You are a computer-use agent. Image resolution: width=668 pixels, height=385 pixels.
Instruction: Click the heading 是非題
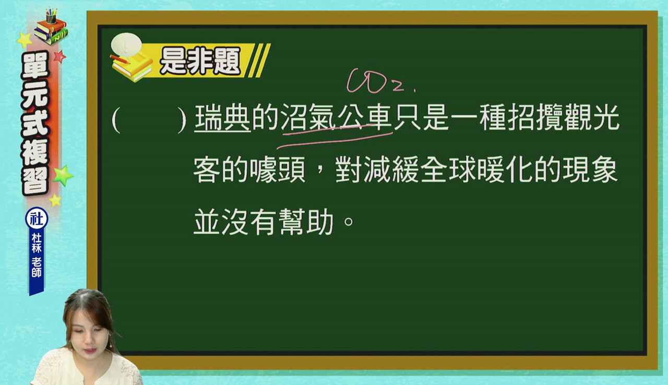pyautogui.click(x=200, y=61)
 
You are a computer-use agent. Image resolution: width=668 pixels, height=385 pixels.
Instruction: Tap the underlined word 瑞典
pyautogui.click(x=222, y=117)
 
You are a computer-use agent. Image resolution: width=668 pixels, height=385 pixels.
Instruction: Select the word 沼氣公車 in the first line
pyautogui.click(x=336, y=117)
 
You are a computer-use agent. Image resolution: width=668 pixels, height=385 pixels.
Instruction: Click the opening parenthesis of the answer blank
pyautogui.click(x=116, y=120)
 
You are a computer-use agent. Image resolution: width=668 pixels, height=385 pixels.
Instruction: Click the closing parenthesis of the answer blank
pyautogui.click(x=182, y=120)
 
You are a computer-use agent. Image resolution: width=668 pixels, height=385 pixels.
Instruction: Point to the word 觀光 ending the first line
pyautogui.click(x=592, y=117)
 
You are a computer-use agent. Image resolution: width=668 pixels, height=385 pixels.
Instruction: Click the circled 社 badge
pyautogui.click(x=37, y=219)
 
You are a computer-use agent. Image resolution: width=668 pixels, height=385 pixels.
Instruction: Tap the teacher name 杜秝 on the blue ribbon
pyautogui.click(x=37, y=243)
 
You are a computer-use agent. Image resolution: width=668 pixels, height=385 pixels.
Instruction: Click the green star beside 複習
pyautogui.click(x=63, y=176)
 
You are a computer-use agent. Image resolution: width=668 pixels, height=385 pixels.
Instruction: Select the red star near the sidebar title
pyautogui.click(x=59, y=56)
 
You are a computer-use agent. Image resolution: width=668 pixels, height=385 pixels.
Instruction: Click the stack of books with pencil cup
pyautogui.click(x=51, y=27)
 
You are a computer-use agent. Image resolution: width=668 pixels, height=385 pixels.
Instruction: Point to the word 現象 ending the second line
pyautogui.click(x=590, y=170)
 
